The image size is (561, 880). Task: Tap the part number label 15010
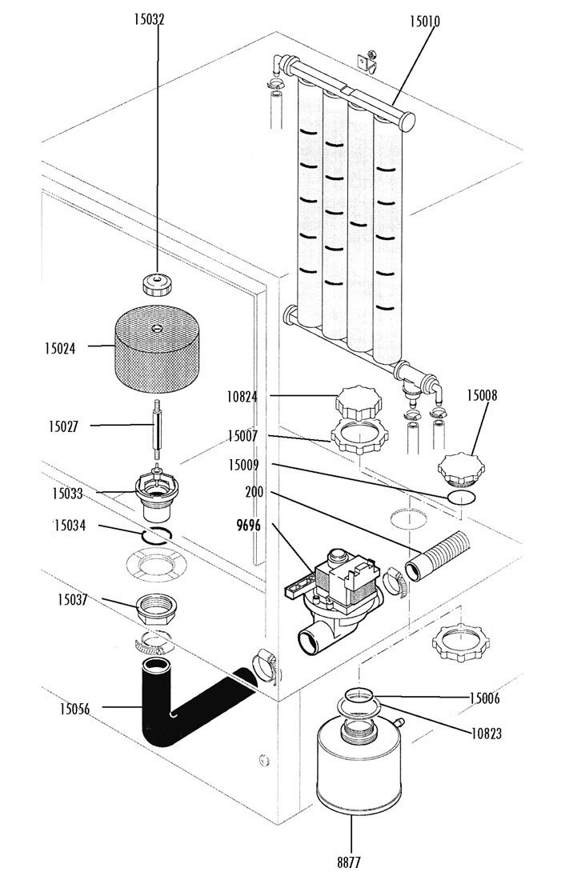click(424, 22)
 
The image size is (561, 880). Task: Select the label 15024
click(61, 348)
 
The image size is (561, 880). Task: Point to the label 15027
click(61, 428)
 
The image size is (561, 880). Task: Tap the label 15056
click(74, 708)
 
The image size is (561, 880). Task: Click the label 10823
click(486, 733)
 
